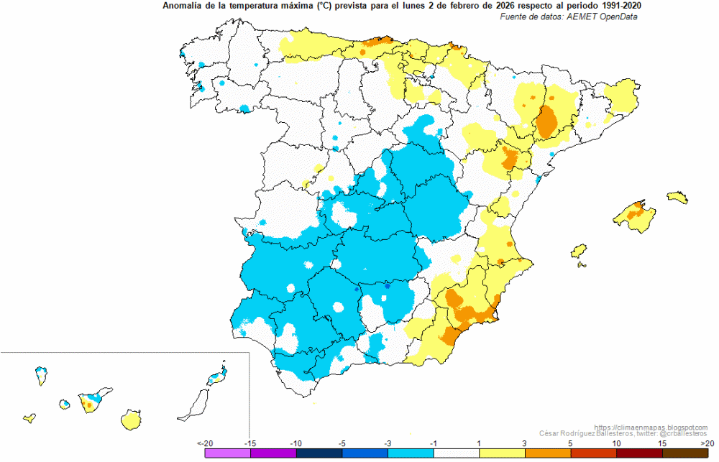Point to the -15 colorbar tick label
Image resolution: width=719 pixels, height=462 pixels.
[x=250, y=443]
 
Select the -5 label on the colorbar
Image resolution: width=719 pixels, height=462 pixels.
[x=342, y=443]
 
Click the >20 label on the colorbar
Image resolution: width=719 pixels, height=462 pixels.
[x=707, y=443]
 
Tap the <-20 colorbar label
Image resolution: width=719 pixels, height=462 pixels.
[x=205, y=443]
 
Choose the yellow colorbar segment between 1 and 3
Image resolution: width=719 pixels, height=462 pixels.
[x=502, y=453]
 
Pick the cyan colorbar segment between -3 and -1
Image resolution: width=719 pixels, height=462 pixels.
[x=411, y=453]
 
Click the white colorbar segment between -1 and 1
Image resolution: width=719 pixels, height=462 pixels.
[x=457, y=453]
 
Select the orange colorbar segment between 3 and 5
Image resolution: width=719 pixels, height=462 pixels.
[x=548, y=453]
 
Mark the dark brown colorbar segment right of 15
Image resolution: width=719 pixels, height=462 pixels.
[x=685, y=453]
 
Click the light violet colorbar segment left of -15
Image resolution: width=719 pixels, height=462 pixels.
[x=228, y=453]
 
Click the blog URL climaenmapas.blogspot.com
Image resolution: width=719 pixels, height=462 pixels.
[x=651, y=428]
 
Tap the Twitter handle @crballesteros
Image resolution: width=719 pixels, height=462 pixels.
[x=684, y=433]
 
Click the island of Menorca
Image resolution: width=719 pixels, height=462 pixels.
[x=677, y=197]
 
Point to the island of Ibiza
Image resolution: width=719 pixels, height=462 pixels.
[x=579, y=251]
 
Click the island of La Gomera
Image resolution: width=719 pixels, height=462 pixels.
[x=65, y=405]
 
